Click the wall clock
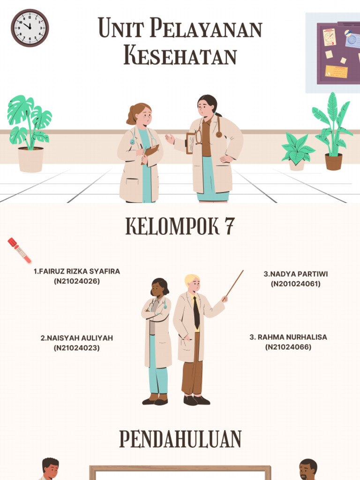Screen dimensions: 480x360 pyautogui.click(x=30, y=28)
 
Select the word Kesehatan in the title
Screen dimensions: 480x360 pyautogui.click(x=180, y=57)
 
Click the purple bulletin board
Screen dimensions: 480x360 pyautogui.click(x=338, y=52)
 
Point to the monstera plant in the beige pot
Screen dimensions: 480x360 pyautogui.click(x=30, y=134)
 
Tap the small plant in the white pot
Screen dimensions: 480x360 pyautogui.click(x=297, y=151)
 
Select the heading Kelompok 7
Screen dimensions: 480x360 pyautogui.click(x=180, y=227)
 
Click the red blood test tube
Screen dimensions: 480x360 pyautogui.click(x=20, y=250)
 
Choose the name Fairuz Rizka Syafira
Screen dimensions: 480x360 pyautogui.click(x=77, y=271)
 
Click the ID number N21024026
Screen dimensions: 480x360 pyautogui.click(x=77, y=281)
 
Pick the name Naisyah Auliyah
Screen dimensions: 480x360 pyautogui.click(x=77, y=338)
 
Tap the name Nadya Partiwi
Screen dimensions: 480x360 pyautogui.click(x=296, y=274)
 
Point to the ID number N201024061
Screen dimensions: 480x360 pyautogui.click(x=296, y=284)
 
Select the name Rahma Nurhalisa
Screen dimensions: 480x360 pyautogui.click(x=288, y=337)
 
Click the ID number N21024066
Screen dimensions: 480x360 pyautogui.click(x=288, y=347)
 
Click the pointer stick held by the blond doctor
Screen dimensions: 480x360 pyautogui.click(x=235, y=283)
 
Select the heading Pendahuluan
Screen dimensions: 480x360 pyautogui.click(x=180, y=440)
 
